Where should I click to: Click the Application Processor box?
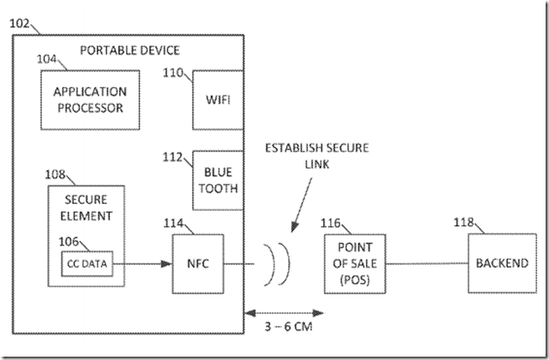coord(89,100)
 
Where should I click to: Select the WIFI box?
coord(217,100)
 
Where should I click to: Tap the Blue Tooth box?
coord(217,180)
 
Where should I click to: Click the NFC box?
coord(197,263)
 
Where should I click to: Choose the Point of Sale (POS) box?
coord(354,263)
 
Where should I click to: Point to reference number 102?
coord(22,25)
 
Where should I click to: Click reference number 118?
coord(463,223)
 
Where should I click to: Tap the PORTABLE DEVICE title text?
coord(130,50)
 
